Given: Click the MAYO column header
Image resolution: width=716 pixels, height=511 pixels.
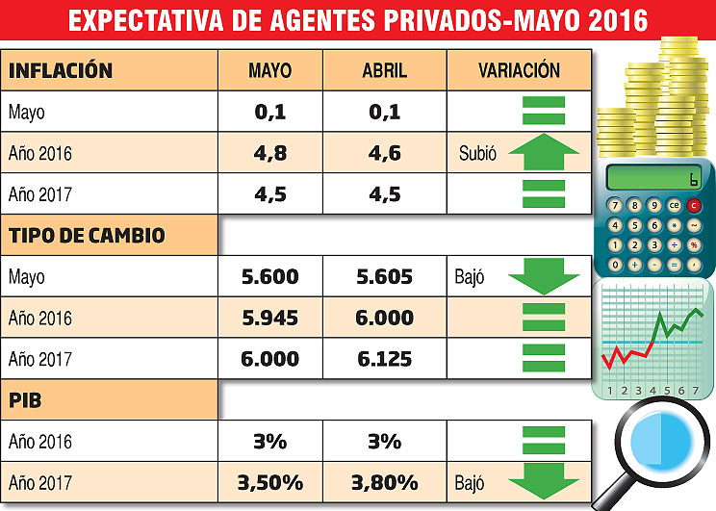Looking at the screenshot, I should point(270,71).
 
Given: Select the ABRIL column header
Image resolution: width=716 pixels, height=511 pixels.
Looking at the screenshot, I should point(384,71).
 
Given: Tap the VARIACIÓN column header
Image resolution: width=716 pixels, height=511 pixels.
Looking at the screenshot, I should point(518,70).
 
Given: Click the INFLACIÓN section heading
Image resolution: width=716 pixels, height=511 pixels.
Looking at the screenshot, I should point(62,71).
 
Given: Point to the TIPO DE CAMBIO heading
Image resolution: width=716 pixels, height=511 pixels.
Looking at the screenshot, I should point(88,236).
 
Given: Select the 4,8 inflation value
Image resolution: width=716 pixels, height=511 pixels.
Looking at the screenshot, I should point(270,153).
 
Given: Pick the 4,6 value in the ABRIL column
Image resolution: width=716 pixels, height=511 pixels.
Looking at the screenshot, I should point(384,153).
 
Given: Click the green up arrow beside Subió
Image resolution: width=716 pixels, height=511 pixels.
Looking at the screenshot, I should point(544,152).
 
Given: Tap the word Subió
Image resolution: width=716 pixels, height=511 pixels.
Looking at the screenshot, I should point(478,153).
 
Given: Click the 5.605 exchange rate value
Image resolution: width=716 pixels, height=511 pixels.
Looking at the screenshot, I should point(384,277).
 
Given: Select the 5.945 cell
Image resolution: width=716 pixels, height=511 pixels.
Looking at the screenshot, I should point(270,318).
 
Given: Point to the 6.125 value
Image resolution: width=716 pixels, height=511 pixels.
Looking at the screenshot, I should point(384,359).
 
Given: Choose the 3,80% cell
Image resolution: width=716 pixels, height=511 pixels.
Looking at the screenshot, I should point(384,482).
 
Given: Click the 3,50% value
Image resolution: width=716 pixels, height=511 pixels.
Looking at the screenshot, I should point(270,482).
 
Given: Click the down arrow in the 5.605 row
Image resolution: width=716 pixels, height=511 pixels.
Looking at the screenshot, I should point(544,276).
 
